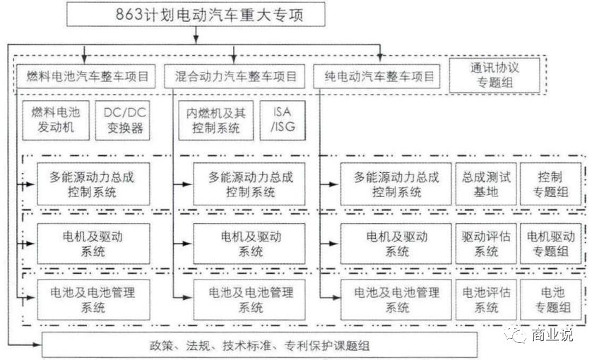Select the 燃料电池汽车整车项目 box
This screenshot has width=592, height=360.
pyautogui.click(x=87, y=75)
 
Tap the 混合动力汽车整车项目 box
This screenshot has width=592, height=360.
pyautogui.click(x=235, y=75)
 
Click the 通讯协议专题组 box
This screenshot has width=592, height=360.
pyautogui.click(x=494, y=75)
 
